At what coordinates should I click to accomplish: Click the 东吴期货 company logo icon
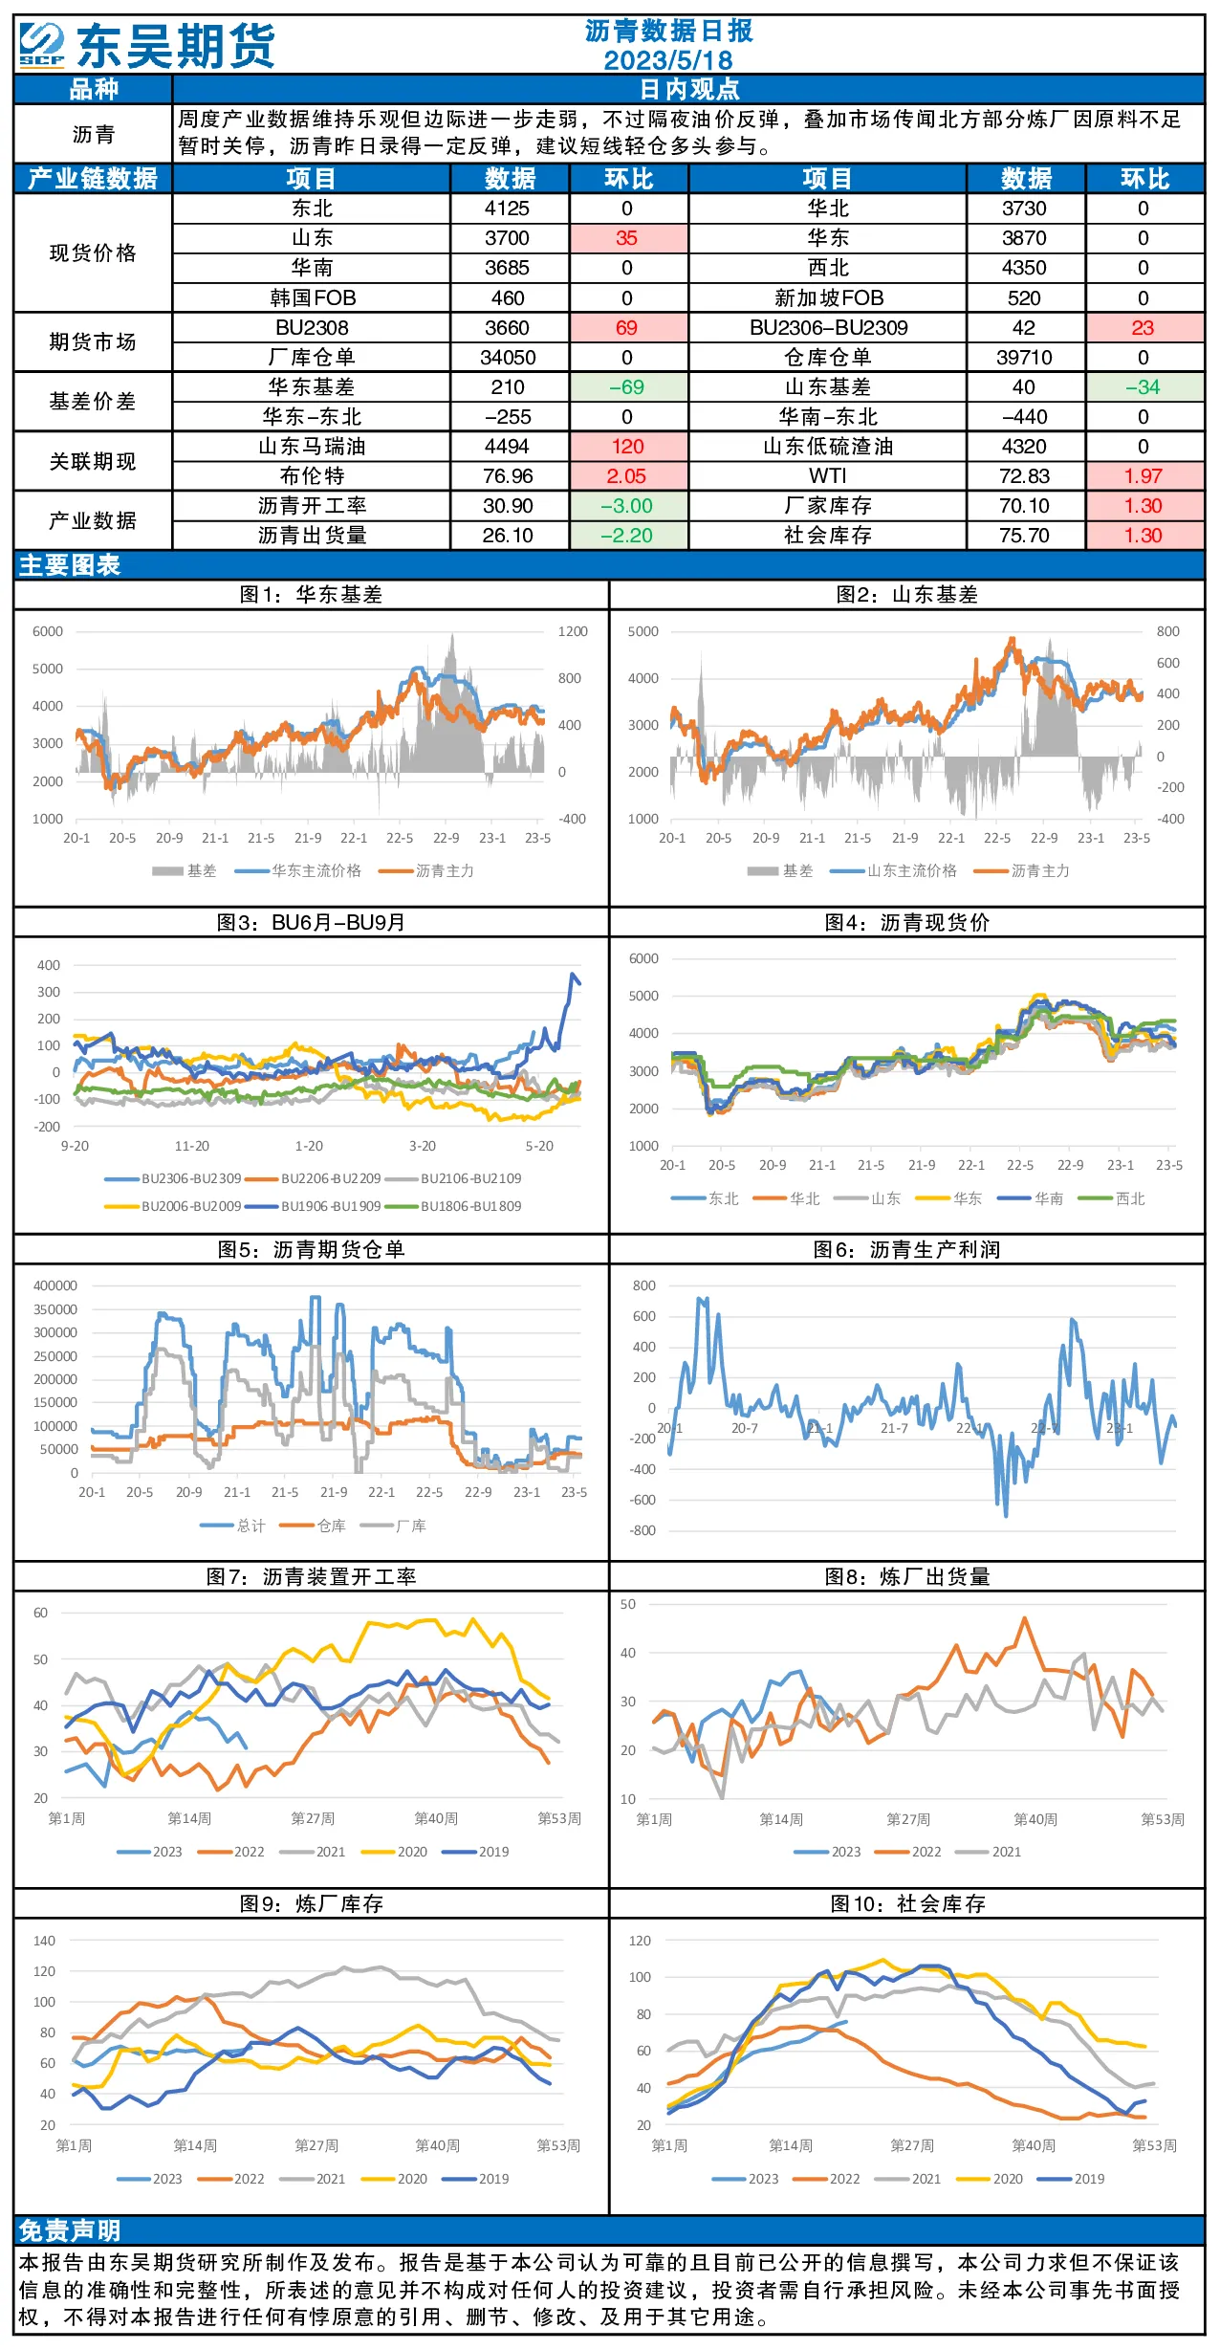[x=42, y=46]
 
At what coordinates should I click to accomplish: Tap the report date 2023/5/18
[x=668, y=60]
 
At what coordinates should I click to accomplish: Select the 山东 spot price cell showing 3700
[x=508, y=238]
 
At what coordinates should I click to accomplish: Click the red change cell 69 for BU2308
[x=627, y=328]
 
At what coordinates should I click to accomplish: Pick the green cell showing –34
[x=1144, y=387]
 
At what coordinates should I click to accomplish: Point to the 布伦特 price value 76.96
[x=508, y=476]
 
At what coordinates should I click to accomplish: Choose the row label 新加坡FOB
[x=829, y=298]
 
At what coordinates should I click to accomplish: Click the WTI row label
[x=828, y=476]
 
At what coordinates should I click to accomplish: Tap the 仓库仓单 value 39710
[x=1024, y=358]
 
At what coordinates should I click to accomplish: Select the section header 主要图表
[x=70, y=565]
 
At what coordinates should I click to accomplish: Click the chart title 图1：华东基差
[x=311, y=595]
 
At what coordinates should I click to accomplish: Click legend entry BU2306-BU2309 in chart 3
[x=173, y=1178]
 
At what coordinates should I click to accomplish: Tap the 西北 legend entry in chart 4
[x=1111, y=1198]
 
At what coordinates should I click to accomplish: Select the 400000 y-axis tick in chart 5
[x=55, y=1285]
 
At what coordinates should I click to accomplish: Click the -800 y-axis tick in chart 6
[x=643, y=1530]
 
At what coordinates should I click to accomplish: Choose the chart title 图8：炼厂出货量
[x=907, y=1577]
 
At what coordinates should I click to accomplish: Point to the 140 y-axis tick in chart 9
[x=45, y=1941]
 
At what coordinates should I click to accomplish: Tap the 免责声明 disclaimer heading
[x=70, y=2230]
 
